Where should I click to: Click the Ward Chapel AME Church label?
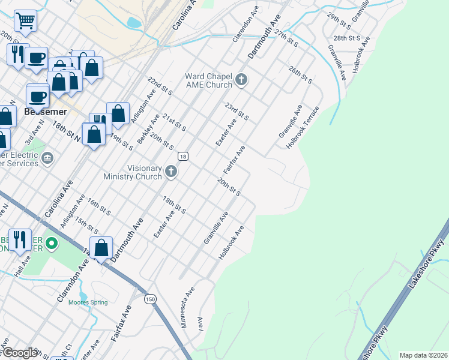coord(208,80)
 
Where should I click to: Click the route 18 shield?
coord(184,157)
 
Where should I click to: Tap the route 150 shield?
coord(149,299)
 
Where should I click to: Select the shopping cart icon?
coord(25,21)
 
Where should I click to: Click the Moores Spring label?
coord(88,302)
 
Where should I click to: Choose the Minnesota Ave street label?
coord(188,308)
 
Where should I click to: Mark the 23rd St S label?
coord(237,110)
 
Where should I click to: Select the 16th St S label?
coord(99,206)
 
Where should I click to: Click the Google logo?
coord(19,353)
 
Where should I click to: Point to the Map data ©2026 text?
coord(422,355)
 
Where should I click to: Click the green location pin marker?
coord(52,244)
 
